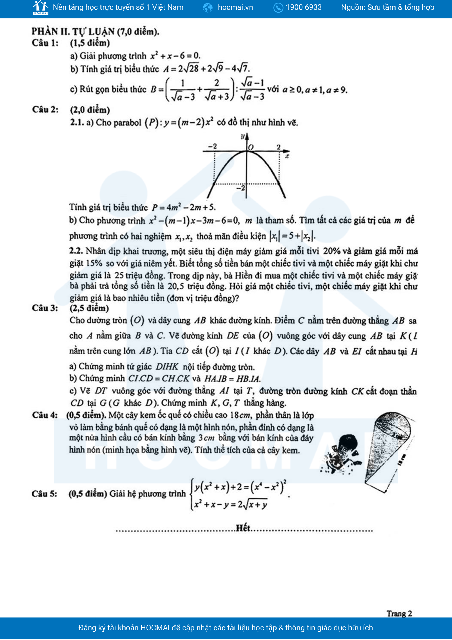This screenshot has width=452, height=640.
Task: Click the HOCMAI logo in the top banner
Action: point(41,7)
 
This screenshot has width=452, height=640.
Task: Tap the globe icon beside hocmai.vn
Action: point(208,7)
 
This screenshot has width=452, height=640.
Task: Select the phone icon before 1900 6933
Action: point(278,7)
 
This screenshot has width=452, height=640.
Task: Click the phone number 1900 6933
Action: point(304,7)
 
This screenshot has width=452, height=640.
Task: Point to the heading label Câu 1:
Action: point(45,43)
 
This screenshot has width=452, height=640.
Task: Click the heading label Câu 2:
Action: point(45,109)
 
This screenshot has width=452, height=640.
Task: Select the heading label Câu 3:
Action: point(45,308)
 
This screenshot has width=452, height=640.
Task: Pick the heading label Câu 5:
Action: point(44,494)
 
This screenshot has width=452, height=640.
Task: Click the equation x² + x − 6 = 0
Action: point(175,56)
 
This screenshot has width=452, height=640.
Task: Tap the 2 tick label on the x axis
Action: point(278,147)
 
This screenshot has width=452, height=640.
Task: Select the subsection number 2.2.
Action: point(76,251)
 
